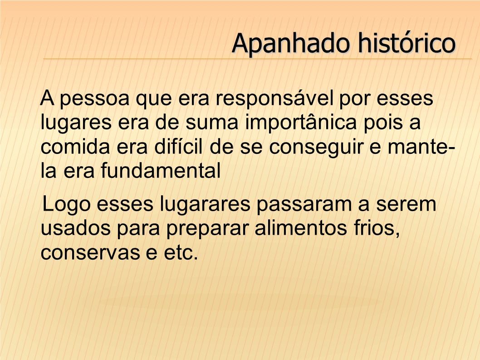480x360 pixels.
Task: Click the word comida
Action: [x=75, y=147]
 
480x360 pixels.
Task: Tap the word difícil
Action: [x=178, y=147]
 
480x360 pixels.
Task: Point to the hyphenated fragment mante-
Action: [x=421, y=147]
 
